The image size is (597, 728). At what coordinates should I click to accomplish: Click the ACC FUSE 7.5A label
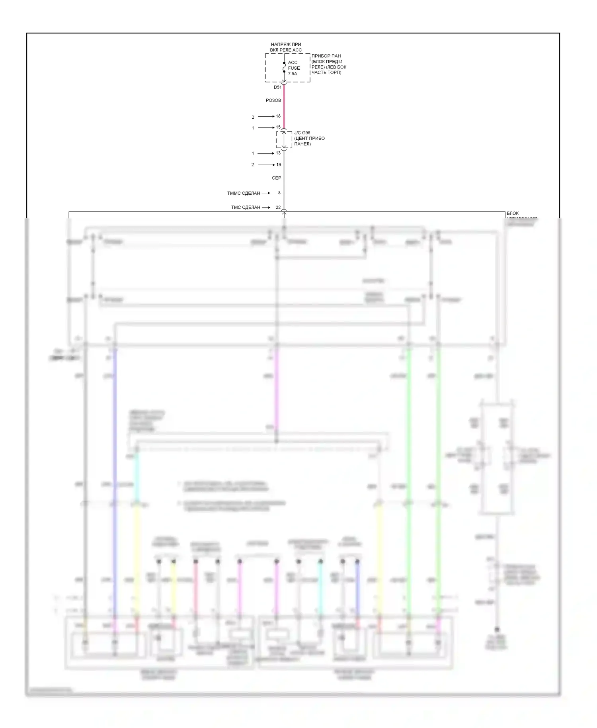[294, 68]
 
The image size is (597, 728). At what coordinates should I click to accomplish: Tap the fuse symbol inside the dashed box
[284, 68]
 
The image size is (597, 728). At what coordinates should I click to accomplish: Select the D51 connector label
[277, 87]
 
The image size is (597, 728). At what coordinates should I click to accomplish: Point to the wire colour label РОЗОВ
[273, 100]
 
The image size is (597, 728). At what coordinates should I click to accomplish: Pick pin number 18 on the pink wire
[278, 116]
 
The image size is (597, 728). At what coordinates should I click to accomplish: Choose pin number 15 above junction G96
[278, 127]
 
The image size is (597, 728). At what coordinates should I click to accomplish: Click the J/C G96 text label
[302, 133]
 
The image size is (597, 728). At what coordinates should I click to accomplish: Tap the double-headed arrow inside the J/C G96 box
[284, 139]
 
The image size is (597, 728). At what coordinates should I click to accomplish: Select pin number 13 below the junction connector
[278, 153]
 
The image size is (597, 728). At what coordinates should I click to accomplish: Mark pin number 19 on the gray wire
[279, 164]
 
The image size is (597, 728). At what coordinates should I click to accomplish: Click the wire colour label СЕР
[276, 178]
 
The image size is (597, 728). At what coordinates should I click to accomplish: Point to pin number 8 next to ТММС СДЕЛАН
[279, 193]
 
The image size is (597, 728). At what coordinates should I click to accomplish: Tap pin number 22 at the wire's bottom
[278, 207]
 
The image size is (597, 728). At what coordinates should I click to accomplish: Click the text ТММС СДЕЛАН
[243, 193]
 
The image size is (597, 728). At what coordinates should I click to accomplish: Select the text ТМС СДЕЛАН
[245, 207]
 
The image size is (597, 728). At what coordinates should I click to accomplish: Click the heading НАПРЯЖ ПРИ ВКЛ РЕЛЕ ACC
[286, 47]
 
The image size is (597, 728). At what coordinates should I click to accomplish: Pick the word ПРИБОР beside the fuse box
[320, 56]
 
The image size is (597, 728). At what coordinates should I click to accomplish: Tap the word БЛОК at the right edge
[513, 213]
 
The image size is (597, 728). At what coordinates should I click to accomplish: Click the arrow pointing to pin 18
[266, 116]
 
